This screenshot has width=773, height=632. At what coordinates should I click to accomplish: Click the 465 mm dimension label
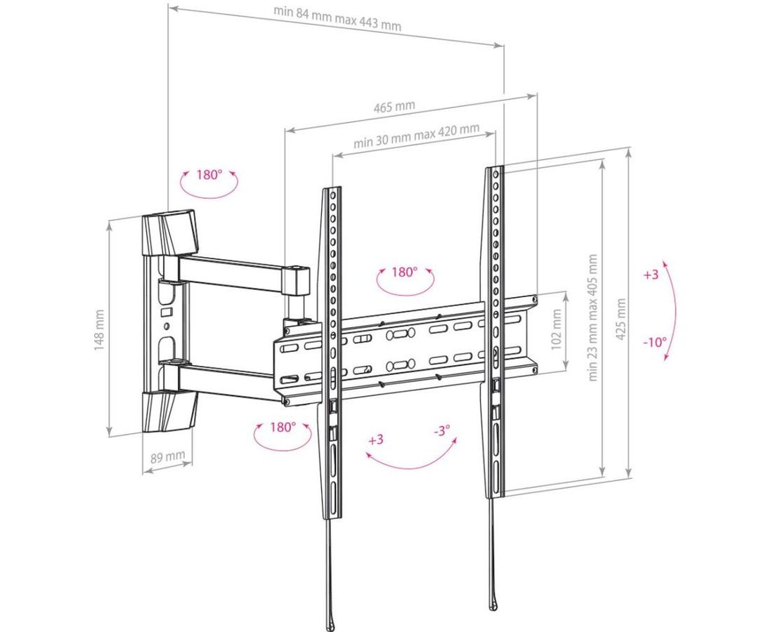point(394,107)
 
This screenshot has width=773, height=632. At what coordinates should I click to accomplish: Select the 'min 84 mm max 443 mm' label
point(338,18)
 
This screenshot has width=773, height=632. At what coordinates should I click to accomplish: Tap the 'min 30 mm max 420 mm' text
point(417,136)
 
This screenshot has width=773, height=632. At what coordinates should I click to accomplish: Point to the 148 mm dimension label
point(99,329)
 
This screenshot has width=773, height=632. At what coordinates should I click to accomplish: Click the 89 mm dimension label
point(168,456)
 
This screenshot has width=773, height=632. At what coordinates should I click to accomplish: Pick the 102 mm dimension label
point(557,329)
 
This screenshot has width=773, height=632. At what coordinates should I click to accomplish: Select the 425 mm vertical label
point(621,319)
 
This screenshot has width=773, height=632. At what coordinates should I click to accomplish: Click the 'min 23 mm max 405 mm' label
point(592,317)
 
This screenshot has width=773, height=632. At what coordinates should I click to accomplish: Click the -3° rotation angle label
point(442,431)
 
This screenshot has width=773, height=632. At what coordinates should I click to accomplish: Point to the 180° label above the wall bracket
point(209,174)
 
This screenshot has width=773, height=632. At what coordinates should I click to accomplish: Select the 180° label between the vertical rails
point(405,272)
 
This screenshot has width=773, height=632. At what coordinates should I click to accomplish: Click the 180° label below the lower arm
point(282,427)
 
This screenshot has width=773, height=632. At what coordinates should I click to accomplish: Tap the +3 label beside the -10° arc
point(651,275)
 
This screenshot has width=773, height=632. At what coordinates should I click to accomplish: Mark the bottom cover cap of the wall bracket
point(169,411)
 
